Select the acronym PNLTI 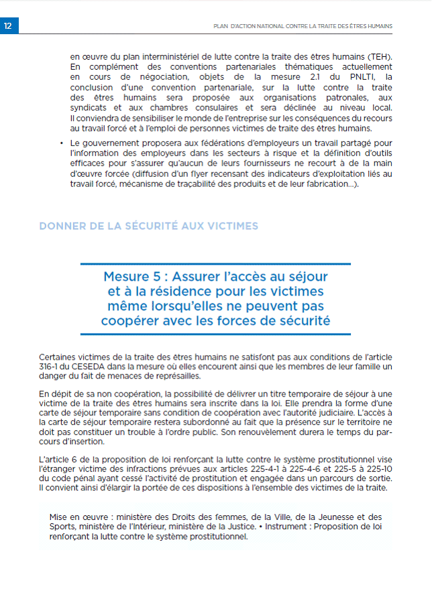(x=347, y=77)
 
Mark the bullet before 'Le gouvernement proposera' (x=61, y=144)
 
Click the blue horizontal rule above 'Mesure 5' (x=215, y=263)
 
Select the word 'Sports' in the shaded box (x=62, y=527)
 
